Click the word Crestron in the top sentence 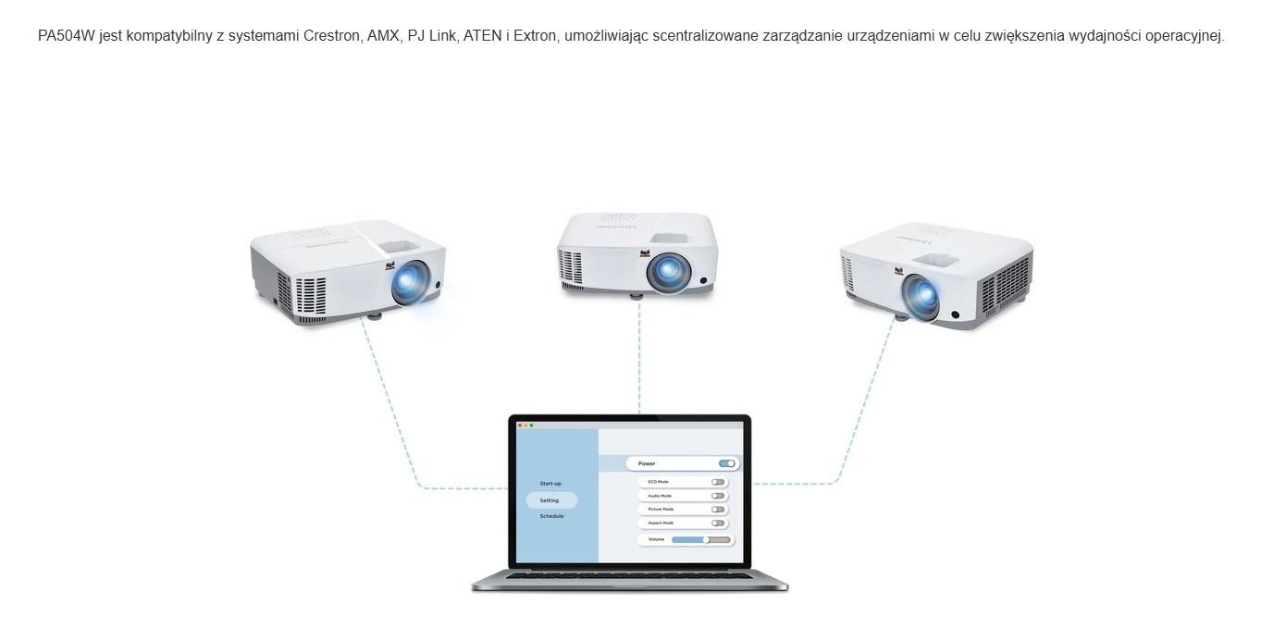(327, 36)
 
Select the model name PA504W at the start (67, 36)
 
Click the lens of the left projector (408, 281)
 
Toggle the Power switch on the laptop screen (727, 463)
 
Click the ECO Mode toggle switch (717, 482)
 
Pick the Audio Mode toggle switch (717, 496)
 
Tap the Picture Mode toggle (717, 510)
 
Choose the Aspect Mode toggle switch (717, 523)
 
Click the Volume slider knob (706, 539)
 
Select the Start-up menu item (550, 484)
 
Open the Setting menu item (550, 500)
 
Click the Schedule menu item (551, 516)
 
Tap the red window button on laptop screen (520, 425)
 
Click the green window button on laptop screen (531, 425)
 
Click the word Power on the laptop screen (647, 463)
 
